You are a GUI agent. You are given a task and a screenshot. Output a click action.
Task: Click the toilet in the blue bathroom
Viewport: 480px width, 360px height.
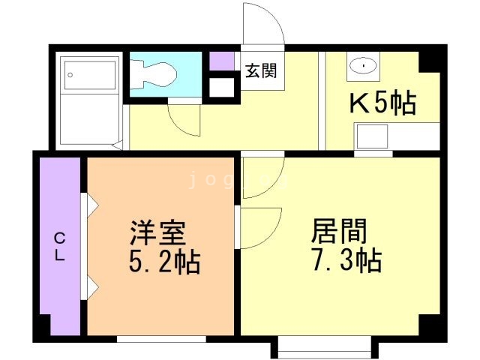point(157,73)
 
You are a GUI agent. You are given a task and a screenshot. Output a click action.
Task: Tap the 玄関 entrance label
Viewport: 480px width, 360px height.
point(261,71)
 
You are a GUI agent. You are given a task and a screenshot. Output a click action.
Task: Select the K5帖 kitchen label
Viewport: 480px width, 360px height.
point(382,103)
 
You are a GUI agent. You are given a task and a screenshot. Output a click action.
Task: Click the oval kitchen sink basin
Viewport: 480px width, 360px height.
point(364,66)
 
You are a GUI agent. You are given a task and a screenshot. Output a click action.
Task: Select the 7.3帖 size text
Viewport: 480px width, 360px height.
point(345,261)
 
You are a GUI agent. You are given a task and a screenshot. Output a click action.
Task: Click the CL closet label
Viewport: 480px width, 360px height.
point(59,246)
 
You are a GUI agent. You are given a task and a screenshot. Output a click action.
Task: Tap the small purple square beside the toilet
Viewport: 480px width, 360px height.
point(221,60)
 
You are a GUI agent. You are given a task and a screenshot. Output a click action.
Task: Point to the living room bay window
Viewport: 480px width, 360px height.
point(323,346)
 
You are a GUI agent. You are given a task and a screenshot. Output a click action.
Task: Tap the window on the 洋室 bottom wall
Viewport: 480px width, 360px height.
point(161,338)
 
